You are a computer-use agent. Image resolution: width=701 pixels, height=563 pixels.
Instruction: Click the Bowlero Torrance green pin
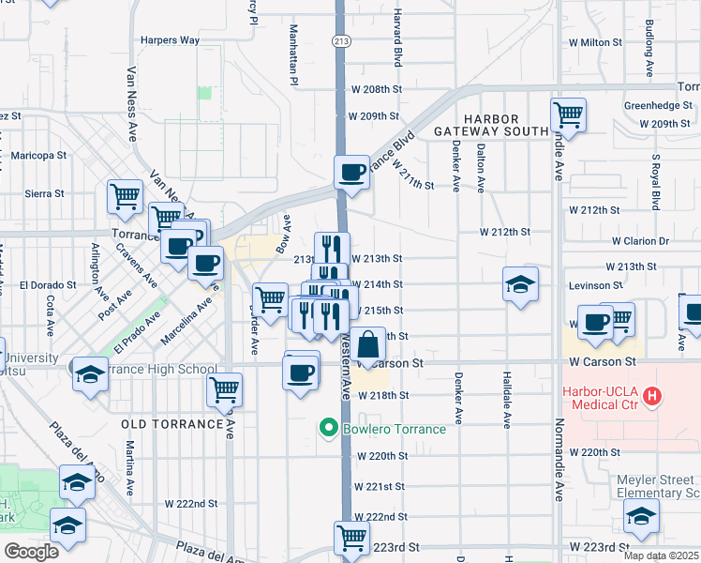[x=328, y=429]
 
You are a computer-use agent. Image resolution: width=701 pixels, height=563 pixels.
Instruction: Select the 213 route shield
[x=340, y=40]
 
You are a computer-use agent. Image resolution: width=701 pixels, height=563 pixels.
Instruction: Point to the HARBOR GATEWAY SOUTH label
[x=491, y=125]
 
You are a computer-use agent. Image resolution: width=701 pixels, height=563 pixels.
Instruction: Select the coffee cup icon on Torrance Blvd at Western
[x=352, y=172]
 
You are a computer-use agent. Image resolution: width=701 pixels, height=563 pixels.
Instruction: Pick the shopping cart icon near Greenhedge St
[x=569, y=114]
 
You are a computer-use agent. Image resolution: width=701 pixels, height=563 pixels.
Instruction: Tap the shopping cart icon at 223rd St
[x=351, y=538]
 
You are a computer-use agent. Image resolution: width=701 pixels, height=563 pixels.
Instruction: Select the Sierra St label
[x=44, y=193]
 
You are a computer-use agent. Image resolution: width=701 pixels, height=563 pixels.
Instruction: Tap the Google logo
[x=31, y=552]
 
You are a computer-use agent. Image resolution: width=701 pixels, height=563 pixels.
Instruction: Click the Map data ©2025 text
[x=661, y=555]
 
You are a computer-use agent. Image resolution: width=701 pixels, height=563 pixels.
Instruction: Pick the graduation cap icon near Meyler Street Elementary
[x=641, y=515]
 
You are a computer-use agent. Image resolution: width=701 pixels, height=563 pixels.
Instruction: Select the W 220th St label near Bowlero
[x=381, y=456]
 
